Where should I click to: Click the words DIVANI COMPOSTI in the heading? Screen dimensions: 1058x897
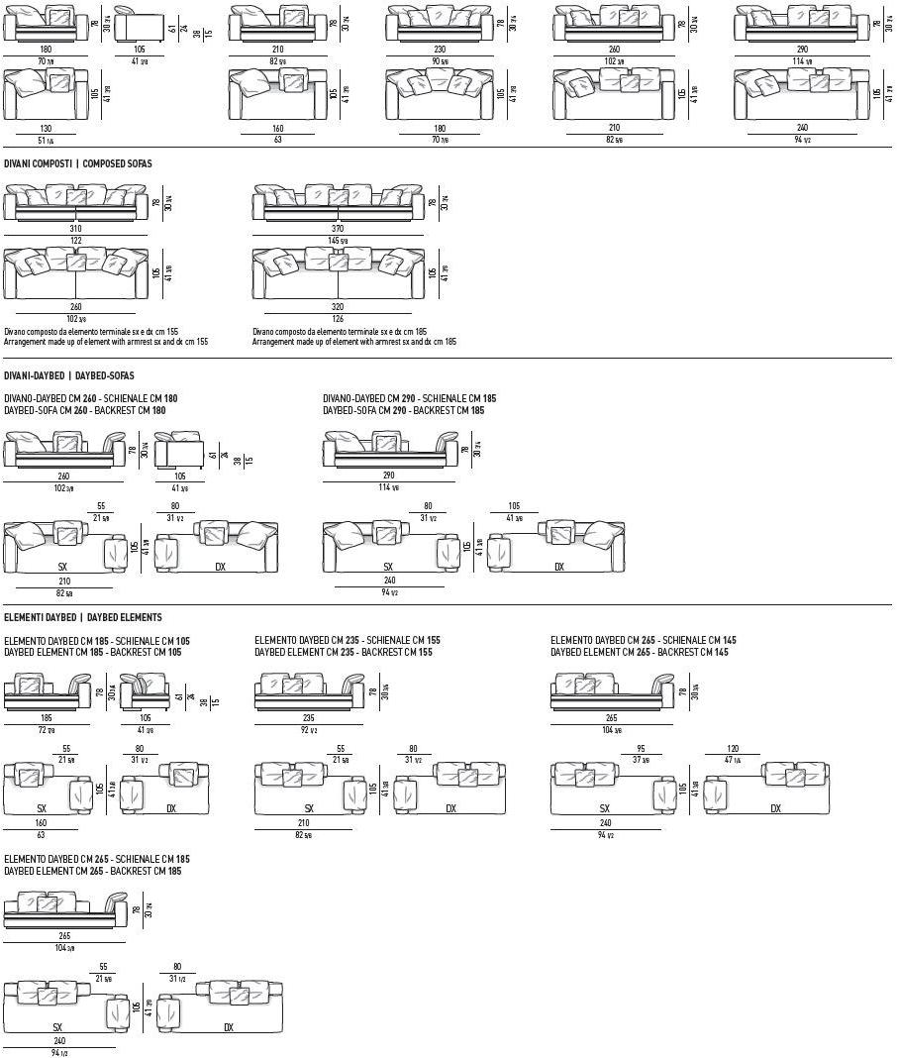[37, 163]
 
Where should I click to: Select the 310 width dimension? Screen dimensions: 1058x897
[75, 229]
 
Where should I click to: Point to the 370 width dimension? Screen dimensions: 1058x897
[338, 229]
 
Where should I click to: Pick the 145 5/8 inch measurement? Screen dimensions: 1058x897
[338, 240]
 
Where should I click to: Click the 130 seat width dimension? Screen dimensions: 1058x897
[47, 129]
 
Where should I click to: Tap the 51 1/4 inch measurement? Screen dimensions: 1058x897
[47, 141]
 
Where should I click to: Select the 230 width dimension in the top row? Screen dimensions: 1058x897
[440, 50]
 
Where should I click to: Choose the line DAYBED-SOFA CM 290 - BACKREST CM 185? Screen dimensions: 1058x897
[403, 410]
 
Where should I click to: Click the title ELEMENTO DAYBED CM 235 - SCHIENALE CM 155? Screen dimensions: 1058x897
[347, 641]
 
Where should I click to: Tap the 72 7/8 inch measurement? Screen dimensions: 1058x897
[47, 729]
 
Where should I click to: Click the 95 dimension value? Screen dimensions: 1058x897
[641, 749]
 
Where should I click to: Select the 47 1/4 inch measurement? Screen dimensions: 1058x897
[734, 760]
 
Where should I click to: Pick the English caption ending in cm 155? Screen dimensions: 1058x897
[106, 342]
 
